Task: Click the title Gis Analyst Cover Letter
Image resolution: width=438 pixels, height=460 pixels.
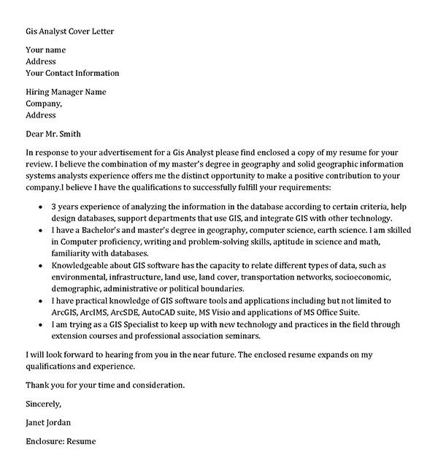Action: (x=70, y=31)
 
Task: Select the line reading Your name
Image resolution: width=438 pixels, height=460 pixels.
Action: (x=45, y=50)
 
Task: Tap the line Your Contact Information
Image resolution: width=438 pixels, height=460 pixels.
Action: (x=72, y=73)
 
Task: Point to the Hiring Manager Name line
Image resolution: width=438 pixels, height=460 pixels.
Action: (x=66, y=92)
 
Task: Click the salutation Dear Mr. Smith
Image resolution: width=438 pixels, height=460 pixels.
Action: (x=53, y=134)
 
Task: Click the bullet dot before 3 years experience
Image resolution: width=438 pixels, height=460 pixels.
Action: (x=39, y=207)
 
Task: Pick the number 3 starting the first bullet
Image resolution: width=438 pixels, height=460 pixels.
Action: (x=54, y=207)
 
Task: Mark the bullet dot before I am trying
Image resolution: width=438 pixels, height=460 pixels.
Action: (x=39, y=325)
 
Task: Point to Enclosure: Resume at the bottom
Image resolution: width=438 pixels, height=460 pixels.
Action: (x=61, y=442)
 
